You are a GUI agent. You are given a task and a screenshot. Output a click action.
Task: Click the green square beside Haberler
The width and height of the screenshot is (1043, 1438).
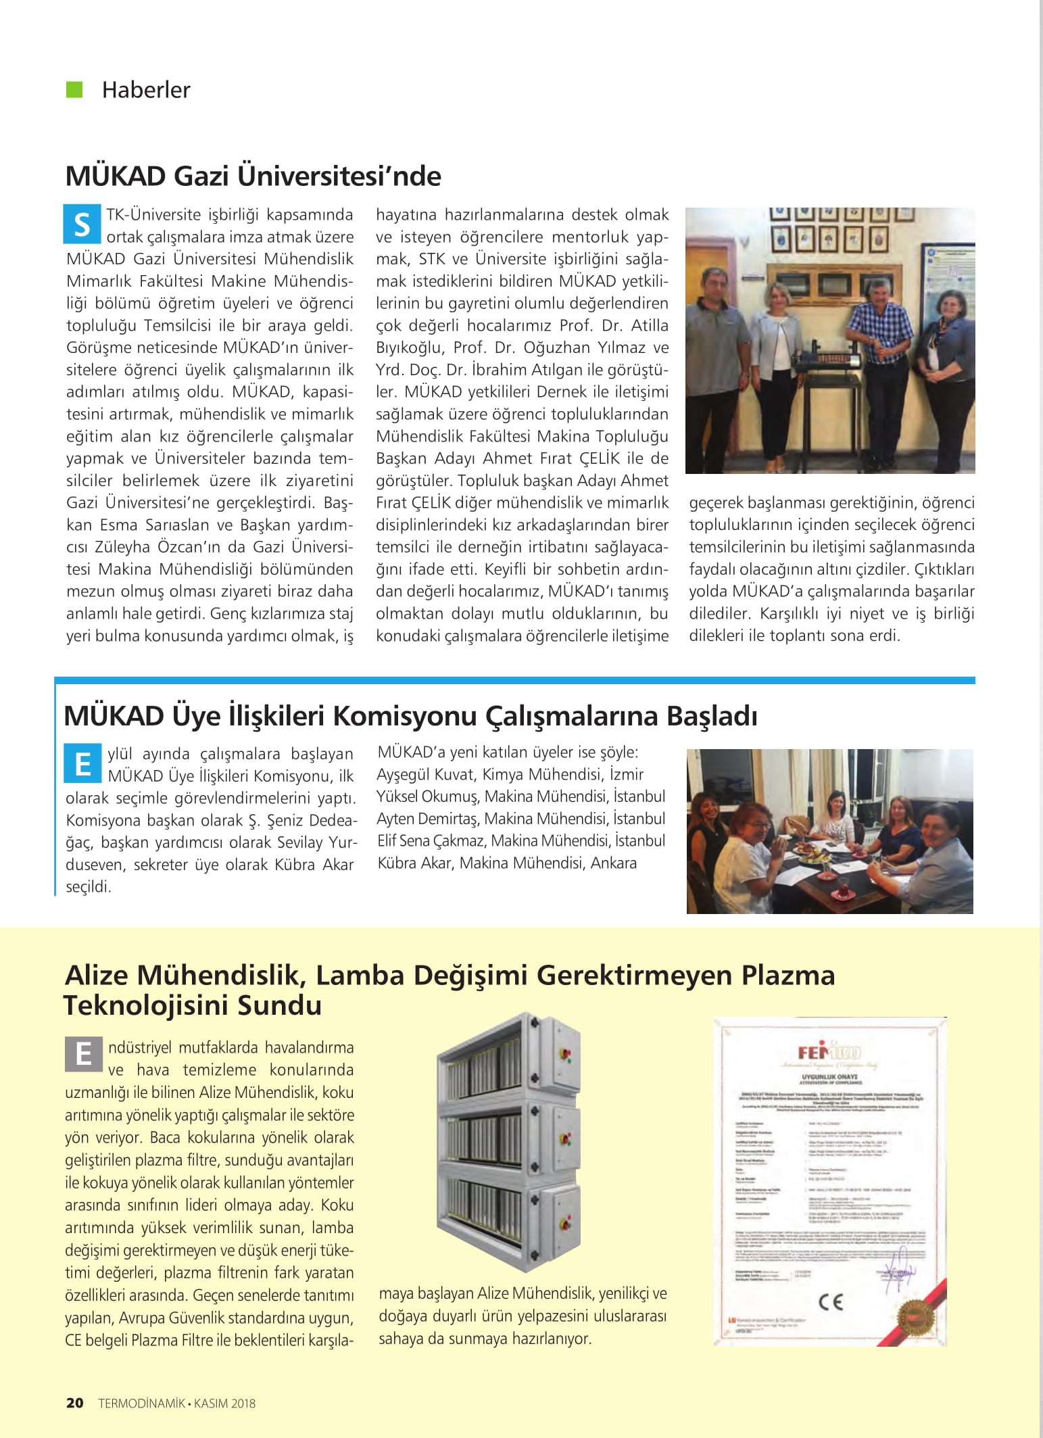pyautogui.click(x=74, y=89)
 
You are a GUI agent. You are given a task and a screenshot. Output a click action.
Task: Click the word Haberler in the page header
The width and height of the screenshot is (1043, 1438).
pyautogui.click(x=146, y=90)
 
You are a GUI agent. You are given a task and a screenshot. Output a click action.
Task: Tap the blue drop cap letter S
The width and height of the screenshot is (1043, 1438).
pyautogui.click(x=82, y=224)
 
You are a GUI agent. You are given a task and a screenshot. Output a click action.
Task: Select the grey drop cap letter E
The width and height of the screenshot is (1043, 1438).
pyautogui.click(x=83, y=1054)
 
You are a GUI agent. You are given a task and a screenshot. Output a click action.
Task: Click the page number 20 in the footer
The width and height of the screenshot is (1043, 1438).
pyautogui.click(x=74, y=1403)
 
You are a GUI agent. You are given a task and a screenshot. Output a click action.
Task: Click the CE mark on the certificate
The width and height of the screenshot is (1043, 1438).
pyautogui.click(x=830, y=1302)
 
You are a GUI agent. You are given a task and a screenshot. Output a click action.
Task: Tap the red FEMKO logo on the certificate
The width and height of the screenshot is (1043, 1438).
pyautogui.click(x=829, y=1053)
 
